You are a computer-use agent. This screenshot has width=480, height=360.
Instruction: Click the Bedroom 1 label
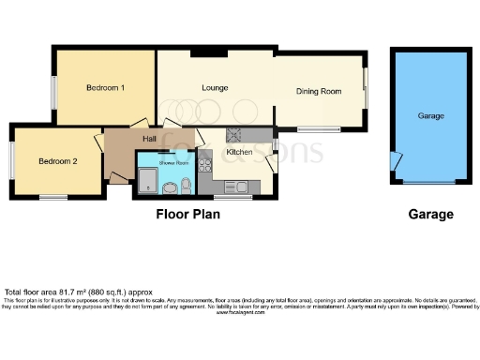106,88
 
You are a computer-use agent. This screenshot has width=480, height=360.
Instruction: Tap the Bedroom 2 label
57,161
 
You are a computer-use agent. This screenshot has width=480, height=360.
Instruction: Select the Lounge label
215,88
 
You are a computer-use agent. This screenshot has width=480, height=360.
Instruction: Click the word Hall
149,139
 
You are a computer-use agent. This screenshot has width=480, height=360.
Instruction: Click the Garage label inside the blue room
430,116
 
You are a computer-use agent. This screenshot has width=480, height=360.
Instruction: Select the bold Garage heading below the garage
430,215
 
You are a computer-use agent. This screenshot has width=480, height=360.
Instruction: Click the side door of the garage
392,158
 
